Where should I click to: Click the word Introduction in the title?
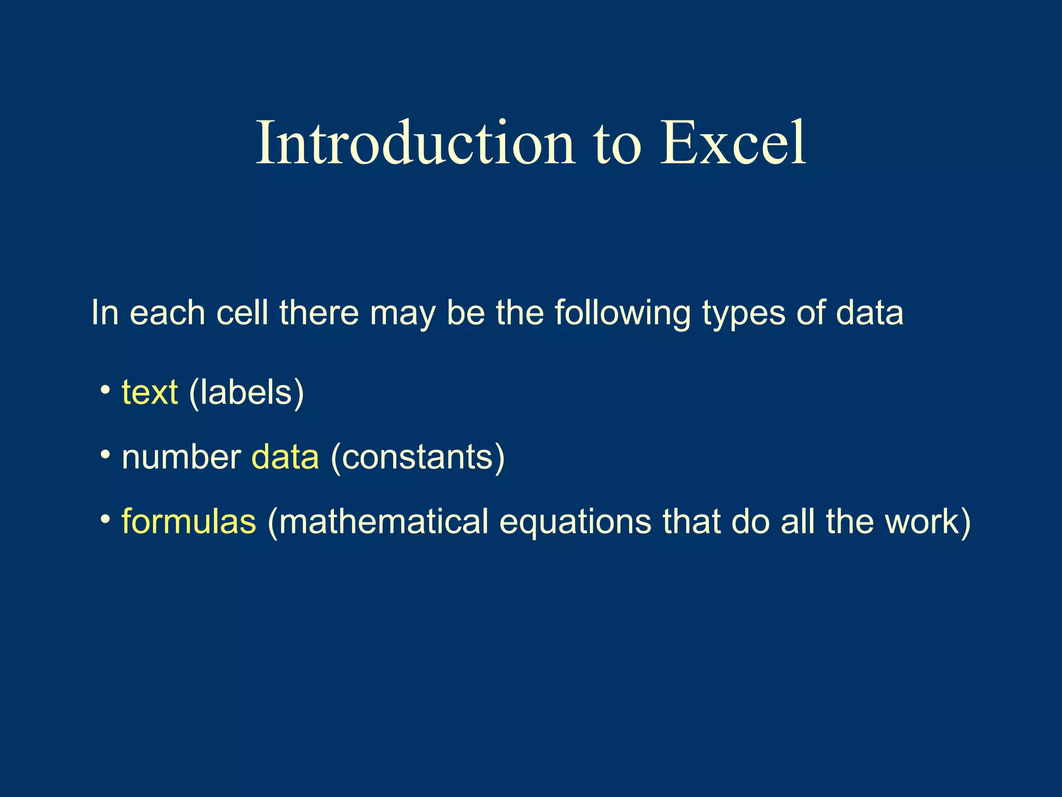[415, 143]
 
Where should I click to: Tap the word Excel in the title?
[732, 143]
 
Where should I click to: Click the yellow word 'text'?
[150, 393]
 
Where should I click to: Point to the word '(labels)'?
[246, 393]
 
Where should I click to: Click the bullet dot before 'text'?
[105, 389]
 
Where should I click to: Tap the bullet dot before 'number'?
[105, 455]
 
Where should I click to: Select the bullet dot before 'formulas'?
[105, 519]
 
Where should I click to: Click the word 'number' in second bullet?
[181, 458]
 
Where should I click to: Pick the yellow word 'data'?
[285, 458]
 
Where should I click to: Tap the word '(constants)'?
[417, 458]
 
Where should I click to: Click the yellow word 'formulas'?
[189, 521]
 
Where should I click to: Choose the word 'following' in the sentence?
[622, 314]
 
